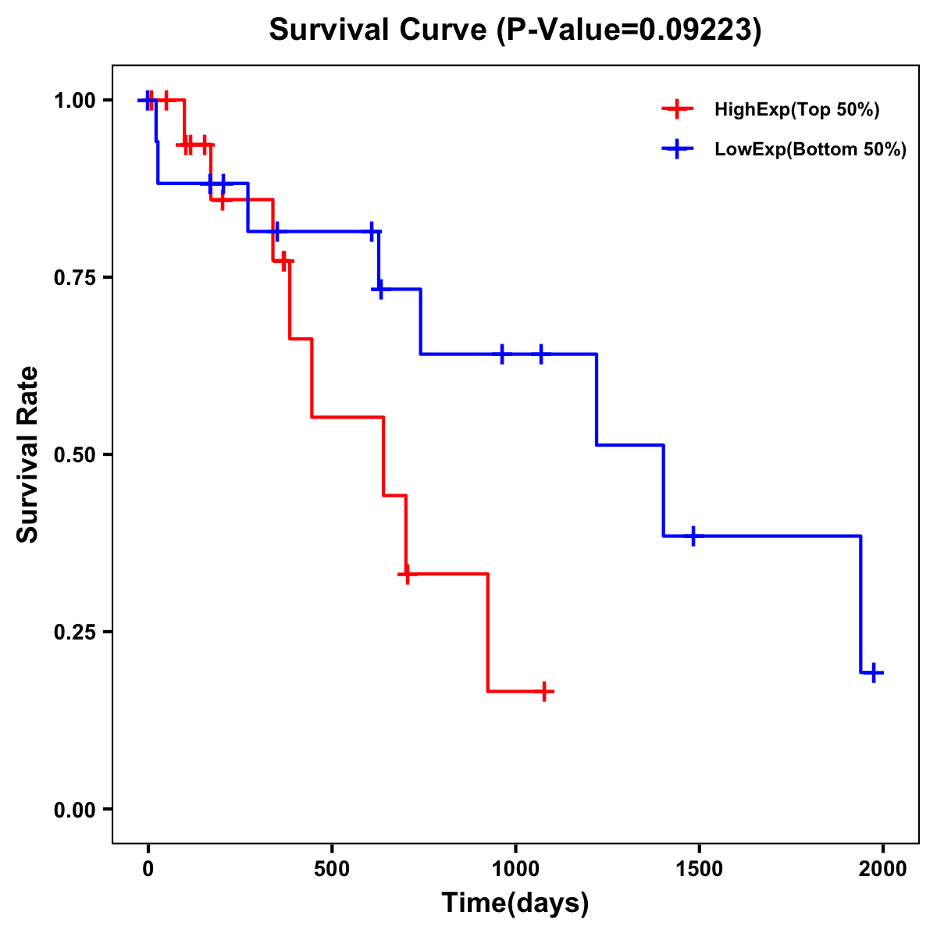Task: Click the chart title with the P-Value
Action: coord(515,30)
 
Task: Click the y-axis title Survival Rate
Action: coord(28,454)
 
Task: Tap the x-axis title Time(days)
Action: coord(515,903)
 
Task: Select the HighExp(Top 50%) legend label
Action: coord(796,110)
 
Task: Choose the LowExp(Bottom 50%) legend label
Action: coord(810,150)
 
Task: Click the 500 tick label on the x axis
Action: coord(332,869)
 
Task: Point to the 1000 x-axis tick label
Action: coord(515,869)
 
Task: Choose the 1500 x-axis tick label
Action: coord(699,869)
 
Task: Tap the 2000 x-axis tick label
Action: coord(882,869)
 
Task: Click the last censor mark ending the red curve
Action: coord(544,691)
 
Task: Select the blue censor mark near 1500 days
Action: coord(693,536)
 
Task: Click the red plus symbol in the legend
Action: coord(678,110)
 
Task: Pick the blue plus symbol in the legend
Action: coord(678,150)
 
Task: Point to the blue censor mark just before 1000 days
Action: coord(502,354)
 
